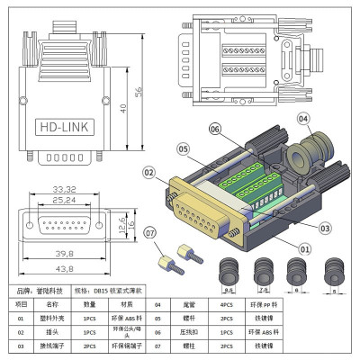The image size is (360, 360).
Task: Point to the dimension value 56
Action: pyautogui.click(x=139, y=92)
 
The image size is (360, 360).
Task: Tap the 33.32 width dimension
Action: pyautogui.click(x=63, y=189)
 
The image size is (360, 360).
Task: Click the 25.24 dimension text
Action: pyautogui.click(x=63, y=201)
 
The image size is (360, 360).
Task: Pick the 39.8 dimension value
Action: pyautogui.click(x=63, y=254)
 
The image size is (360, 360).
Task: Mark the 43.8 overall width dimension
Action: pyautogui.click(x=63, y=268)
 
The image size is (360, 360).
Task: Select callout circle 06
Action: pyautogui.click(x=215, y=129)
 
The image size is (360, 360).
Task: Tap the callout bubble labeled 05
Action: pyautogui.click(x=183, y=148)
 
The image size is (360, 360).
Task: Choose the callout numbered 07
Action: pyautogui.click(x=149, y=235)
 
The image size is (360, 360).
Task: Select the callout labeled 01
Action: pyautogui.click(x=304, y=248)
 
